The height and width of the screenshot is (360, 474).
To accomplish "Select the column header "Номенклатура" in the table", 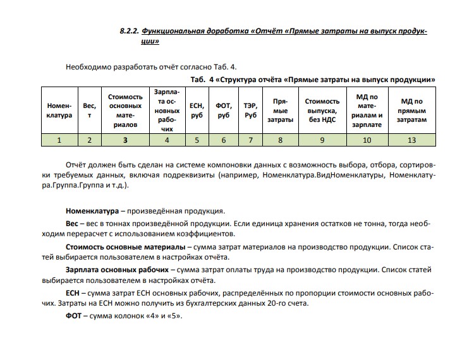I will pyautogui.click(x=59, y=111).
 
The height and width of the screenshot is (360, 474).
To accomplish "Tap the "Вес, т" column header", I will pyautogui.click(x=90, y=111).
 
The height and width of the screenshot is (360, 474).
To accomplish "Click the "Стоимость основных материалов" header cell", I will pyautogui.click(x=125, y=111).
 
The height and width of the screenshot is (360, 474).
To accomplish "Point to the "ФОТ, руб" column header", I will pyautogui.click(x=223, y=111).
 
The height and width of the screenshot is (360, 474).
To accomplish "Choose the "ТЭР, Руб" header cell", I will pyautogui.click(x=250, y=111).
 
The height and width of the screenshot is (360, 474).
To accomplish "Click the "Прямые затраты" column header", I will pyautogui.click(x=280, y=111).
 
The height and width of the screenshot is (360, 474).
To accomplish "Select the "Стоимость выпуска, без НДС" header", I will pyautogui.click(x=322, y=111).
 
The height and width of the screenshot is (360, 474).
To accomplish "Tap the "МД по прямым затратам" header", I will pyautogui.click(x=412, y=111).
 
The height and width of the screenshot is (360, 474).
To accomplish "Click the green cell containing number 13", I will pyautogui.click(x=412, y=140).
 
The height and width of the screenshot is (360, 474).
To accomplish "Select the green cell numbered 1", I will pyautogui.click(x=59, y=140).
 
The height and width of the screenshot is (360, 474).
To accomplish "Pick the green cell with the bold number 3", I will pyautogui.click(x=125, y=140).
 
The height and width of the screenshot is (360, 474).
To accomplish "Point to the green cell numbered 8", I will pyautogui.click(x=280, y=140).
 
